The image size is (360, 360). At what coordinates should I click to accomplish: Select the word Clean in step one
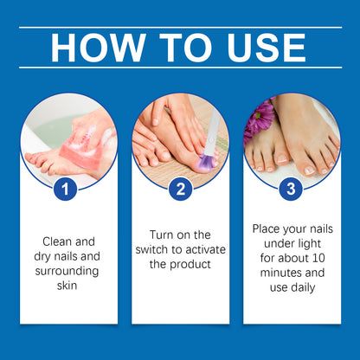[55, 241]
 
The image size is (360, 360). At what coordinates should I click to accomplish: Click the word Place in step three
[267, 228]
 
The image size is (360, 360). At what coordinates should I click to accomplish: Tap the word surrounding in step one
[68, 271]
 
